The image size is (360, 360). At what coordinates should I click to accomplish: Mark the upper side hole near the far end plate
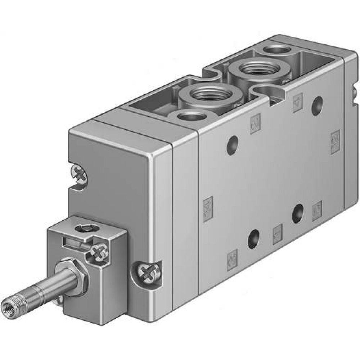click(x=317, y=105)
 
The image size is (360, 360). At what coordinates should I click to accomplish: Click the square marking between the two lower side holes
click(x=278, y=234)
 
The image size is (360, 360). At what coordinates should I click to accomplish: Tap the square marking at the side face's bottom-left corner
click(x=233, y=256)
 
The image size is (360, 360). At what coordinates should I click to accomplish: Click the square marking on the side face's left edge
click(x=208, y=208)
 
